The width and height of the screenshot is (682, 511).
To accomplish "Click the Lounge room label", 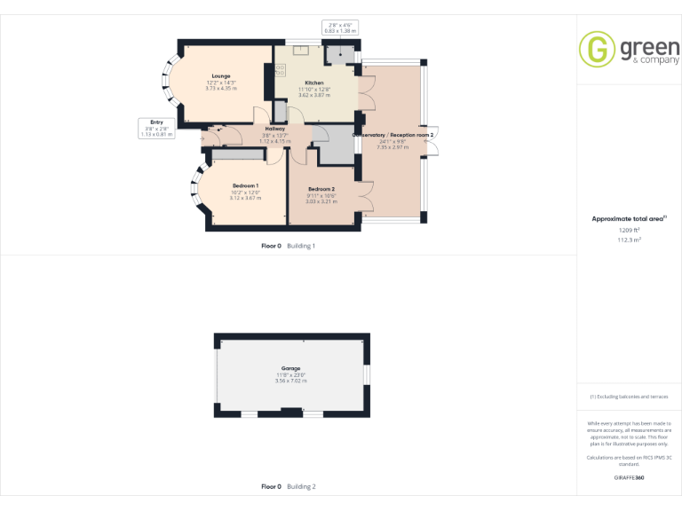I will [221, 76].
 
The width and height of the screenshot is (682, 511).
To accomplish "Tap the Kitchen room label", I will [314, 83].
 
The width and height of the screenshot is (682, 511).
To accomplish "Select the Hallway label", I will [275, 129].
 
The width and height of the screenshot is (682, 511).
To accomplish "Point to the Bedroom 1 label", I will [246, 185].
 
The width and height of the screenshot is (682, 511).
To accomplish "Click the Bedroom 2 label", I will [321, 190].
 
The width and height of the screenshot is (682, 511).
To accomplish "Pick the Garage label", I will [291, 368].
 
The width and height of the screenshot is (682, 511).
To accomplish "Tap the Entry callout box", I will [156, 128].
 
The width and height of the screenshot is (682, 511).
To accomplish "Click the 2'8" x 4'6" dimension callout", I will [340, 28].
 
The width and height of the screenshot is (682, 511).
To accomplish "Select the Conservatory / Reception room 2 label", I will [393, 135].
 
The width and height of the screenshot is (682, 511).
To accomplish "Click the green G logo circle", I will [597, 49].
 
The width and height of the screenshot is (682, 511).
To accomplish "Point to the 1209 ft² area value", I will [630, 231].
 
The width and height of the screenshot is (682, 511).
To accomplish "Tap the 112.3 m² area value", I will [630, 240].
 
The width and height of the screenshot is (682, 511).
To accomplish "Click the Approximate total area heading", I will [629, 218].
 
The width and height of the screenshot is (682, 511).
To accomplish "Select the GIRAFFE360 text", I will [630, 477].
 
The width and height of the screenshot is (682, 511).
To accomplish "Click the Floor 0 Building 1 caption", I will [289, 246].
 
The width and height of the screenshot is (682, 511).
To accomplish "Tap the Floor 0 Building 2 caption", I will [289, 487].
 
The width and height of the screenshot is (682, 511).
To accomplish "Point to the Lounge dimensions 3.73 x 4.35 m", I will [221, 89].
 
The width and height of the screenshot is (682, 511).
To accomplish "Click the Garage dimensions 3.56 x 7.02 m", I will [291, 381].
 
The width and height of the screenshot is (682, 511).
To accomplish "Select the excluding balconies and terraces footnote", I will [630, 397].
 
